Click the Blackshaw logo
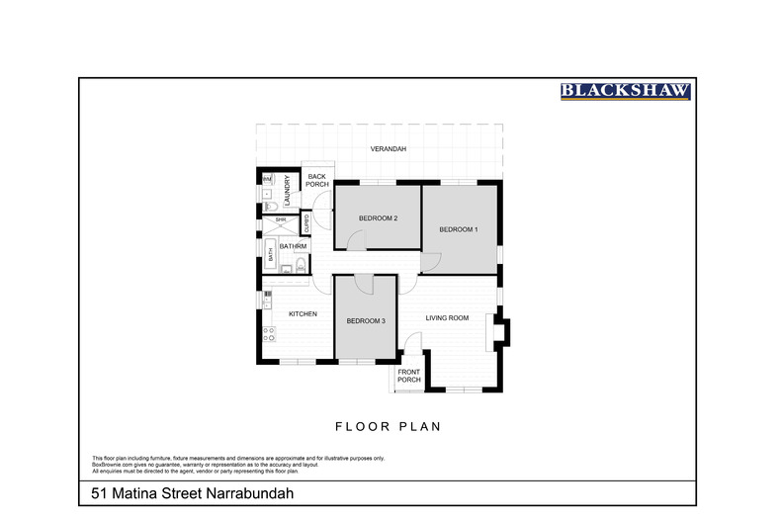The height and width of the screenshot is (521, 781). [x=626, y=92]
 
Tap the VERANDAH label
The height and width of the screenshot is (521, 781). [x=389, y=149]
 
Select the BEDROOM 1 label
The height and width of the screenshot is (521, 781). [x=459, y=229]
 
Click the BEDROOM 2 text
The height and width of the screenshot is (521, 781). [x=378, y=217]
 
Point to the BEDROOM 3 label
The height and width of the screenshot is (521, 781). [x=366, y=320]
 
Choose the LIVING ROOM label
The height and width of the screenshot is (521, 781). [x=447, y=317]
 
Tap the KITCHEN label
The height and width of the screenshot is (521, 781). [x=303, y=313]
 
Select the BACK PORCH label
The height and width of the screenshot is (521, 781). [x=316, y=180]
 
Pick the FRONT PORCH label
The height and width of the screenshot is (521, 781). [x=409, y=376]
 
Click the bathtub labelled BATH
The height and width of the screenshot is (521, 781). [x=271, y=254]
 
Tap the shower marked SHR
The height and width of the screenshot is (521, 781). [x=280, y=220]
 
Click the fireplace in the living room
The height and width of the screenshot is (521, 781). [x=501, y=329]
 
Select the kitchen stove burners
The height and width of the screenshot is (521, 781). [x=267, y=336]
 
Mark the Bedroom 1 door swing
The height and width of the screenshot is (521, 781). [x=430, y=263]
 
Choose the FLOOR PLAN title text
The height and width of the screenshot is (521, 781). [x=388, y=427]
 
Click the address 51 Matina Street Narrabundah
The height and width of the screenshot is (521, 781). [x=187, y=492]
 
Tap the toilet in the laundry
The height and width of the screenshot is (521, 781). [x=267, y=196]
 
